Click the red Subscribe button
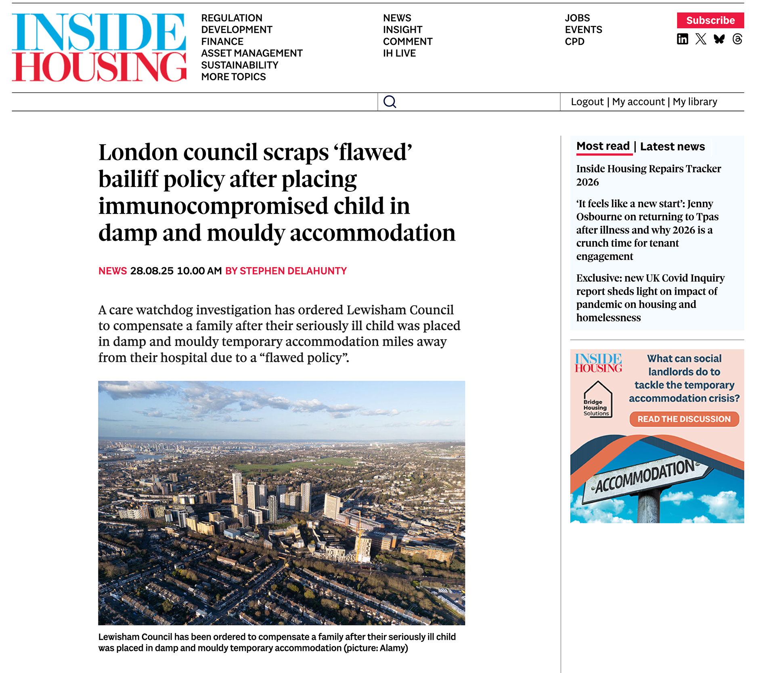[710, 20]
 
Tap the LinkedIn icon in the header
[682, 39]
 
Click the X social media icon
[701, 39]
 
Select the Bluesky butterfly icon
[719, 39]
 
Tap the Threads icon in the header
[737, 39]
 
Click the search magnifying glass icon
[390, 102]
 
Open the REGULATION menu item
[232, 18]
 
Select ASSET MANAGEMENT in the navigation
[252, 53]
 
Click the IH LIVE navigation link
[399, 53]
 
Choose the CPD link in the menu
[574, 42]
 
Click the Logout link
[587, 102]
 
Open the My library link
[695, 102]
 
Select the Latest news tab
[672, 147]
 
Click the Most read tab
[603, 146]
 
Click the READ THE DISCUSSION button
[684, 419]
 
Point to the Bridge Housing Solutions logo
[597, 400]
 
